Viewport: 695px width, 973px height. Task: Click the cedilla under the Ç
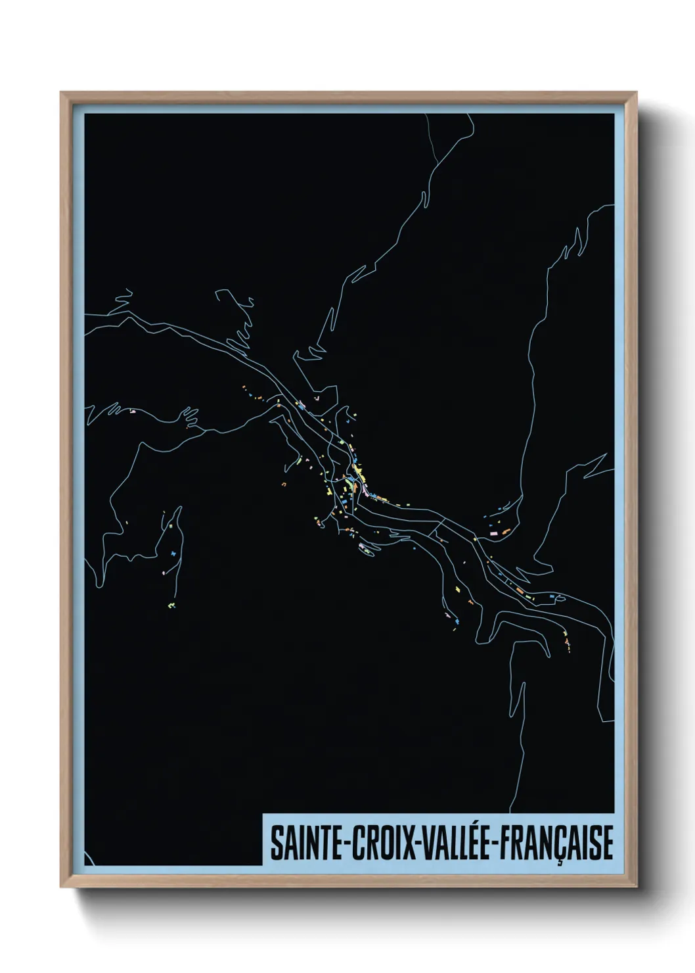[560, 862]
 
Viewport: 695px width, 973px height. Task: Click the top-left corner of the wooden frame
[62, 93]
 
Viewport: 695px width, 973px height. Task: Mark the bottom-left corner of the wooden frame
[62, 886]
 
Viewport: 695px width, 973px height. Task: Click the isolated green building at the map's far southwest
[171, 604]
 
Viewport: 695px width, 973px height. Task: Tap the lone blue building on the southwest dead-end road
[173, 554]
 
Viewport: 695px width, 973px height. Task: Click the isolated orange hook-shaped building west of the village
[284, 485]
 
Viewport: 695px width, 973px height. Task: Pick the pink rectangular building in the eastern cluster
[493, 534]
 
